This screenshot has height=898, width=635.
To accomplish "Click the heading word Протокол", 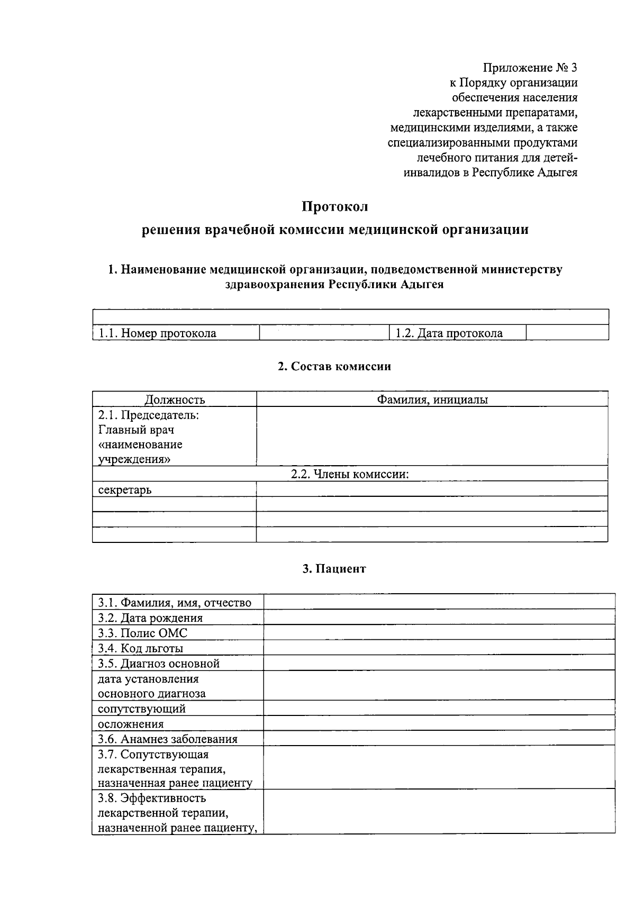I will [334, 206].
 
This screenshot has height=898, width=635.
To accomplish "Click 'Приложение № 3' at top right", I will [530, 68].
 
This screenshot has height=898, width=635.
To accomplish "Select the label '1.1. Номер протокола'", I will [158, 333].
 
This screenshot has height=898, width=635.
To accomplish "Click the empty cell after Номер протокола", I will [324, 333].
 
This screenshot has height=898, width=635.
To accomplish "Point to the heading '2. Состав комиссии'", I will [334, 366].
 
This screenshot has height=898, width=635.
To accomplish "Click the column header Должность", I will [175, 400].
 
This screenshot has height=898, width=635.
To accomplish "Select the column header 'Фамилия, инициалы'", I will [432, 400].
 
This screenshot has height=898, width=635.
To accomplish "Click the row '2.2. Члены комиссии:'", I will [350, 474].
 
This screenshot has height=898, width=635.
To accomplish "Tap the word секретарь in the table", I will [125, 489].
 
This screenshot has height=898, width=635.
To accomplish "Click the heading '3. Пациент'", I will [334, 569].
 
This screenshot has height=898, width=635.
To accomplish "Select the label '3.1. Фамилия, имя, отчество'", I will [175, 603].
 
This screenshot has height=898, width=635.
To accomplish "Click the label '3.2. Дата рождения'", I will [150, 618].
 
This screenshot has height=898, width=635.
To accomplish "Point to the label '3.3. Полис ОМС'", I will [143, 633].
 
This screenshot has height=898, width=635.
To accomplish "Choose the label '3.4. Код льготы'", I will [141, 648].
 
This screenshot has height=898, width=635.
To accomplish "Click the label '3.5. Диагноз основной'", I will [159, 664].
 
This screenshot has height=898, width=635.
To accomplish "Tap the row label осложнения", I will [131, 724].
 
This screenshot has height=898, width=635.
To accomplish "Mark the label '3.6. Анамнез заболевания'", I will [168, 739].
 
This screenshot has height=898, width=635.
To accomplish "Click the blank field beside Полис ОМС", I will [439, 633].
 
